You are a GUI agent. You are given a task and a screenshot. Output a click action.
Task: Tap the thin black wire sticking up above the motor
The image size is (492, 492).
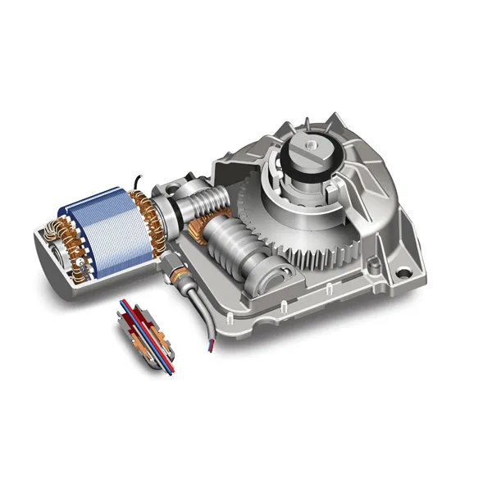point(140,178)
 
